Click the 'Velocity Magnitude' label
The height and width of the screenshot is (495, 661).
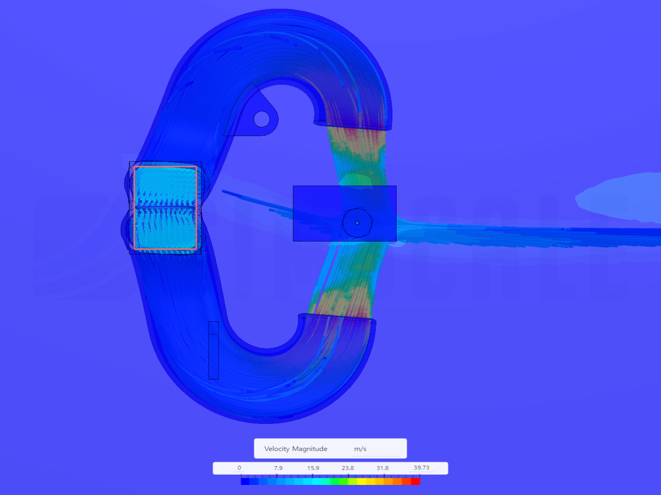coord(296,449)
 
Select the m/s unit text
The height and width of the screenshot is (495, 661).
coord(360,449)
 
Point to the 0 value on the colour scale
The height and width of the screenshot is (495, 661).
coord(239,467)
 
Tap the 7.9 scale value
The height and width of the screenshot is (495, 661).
coord(278,468)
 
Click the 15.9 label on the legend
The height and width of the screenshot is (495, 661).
coord(313,468)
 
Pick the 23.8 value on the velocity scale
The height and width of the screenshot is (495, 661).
coord(348,468)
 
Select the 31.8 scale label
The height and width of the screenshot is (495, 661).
coord(382,468)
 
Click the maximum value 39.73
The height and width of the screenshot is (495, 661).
coord(421,467)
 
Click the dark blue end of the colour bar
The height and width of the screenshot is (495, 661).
coord(245,481)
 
